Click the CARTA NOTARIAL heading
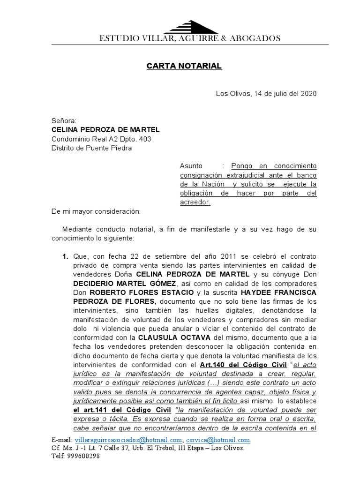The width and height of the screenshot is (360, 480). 184,66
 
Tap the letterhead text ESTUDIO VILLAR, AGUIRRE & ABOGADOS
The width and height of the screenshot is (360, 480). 190,38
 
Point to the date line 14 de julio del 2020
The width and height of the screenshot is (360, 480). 266,93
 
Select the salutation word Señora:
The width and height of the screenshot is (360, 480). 63,121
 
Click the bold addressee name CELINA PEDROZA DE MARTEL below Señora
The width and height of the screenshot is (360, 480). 105,130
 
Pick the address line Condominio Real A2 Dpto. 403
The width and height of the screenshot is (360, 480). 101,139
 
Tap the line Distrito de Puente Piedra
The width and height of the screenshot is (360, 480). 91,148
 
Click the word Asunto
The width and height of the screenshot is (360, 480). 191,166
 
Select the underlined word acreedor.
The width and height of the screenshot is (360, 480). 195,202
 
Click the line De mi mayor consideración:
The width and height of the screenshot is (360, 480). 96,211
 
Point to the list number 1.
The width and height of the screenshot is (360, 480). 65,257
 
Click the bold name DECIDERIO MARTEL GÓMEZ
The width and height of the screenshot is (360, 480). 124,284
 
